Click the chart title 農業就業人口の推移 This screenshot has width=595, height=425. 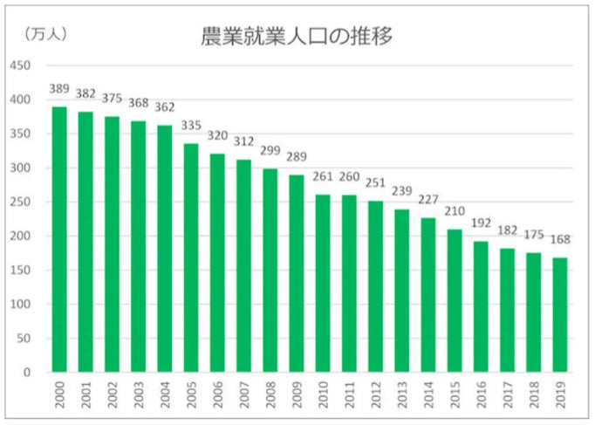click(297, 37)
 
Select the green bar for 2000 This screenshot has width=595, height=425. click(59, 239)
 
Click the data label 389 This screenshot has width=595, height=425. click(59, 89)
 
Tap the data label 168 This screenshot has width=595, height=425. click(559, 240)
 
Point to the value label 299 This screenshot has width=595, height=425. click(270, 151)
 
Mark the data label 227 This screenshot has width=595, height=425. click(427, 200)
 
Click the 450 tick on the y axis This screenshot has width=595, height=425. click(20, 65)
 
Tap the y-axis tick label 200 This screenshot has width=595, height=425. click(20, 236)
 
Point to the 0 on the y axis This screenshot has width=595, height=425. click(27, 373)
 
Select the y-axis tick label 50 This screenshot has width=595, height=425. click(24, 339)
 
